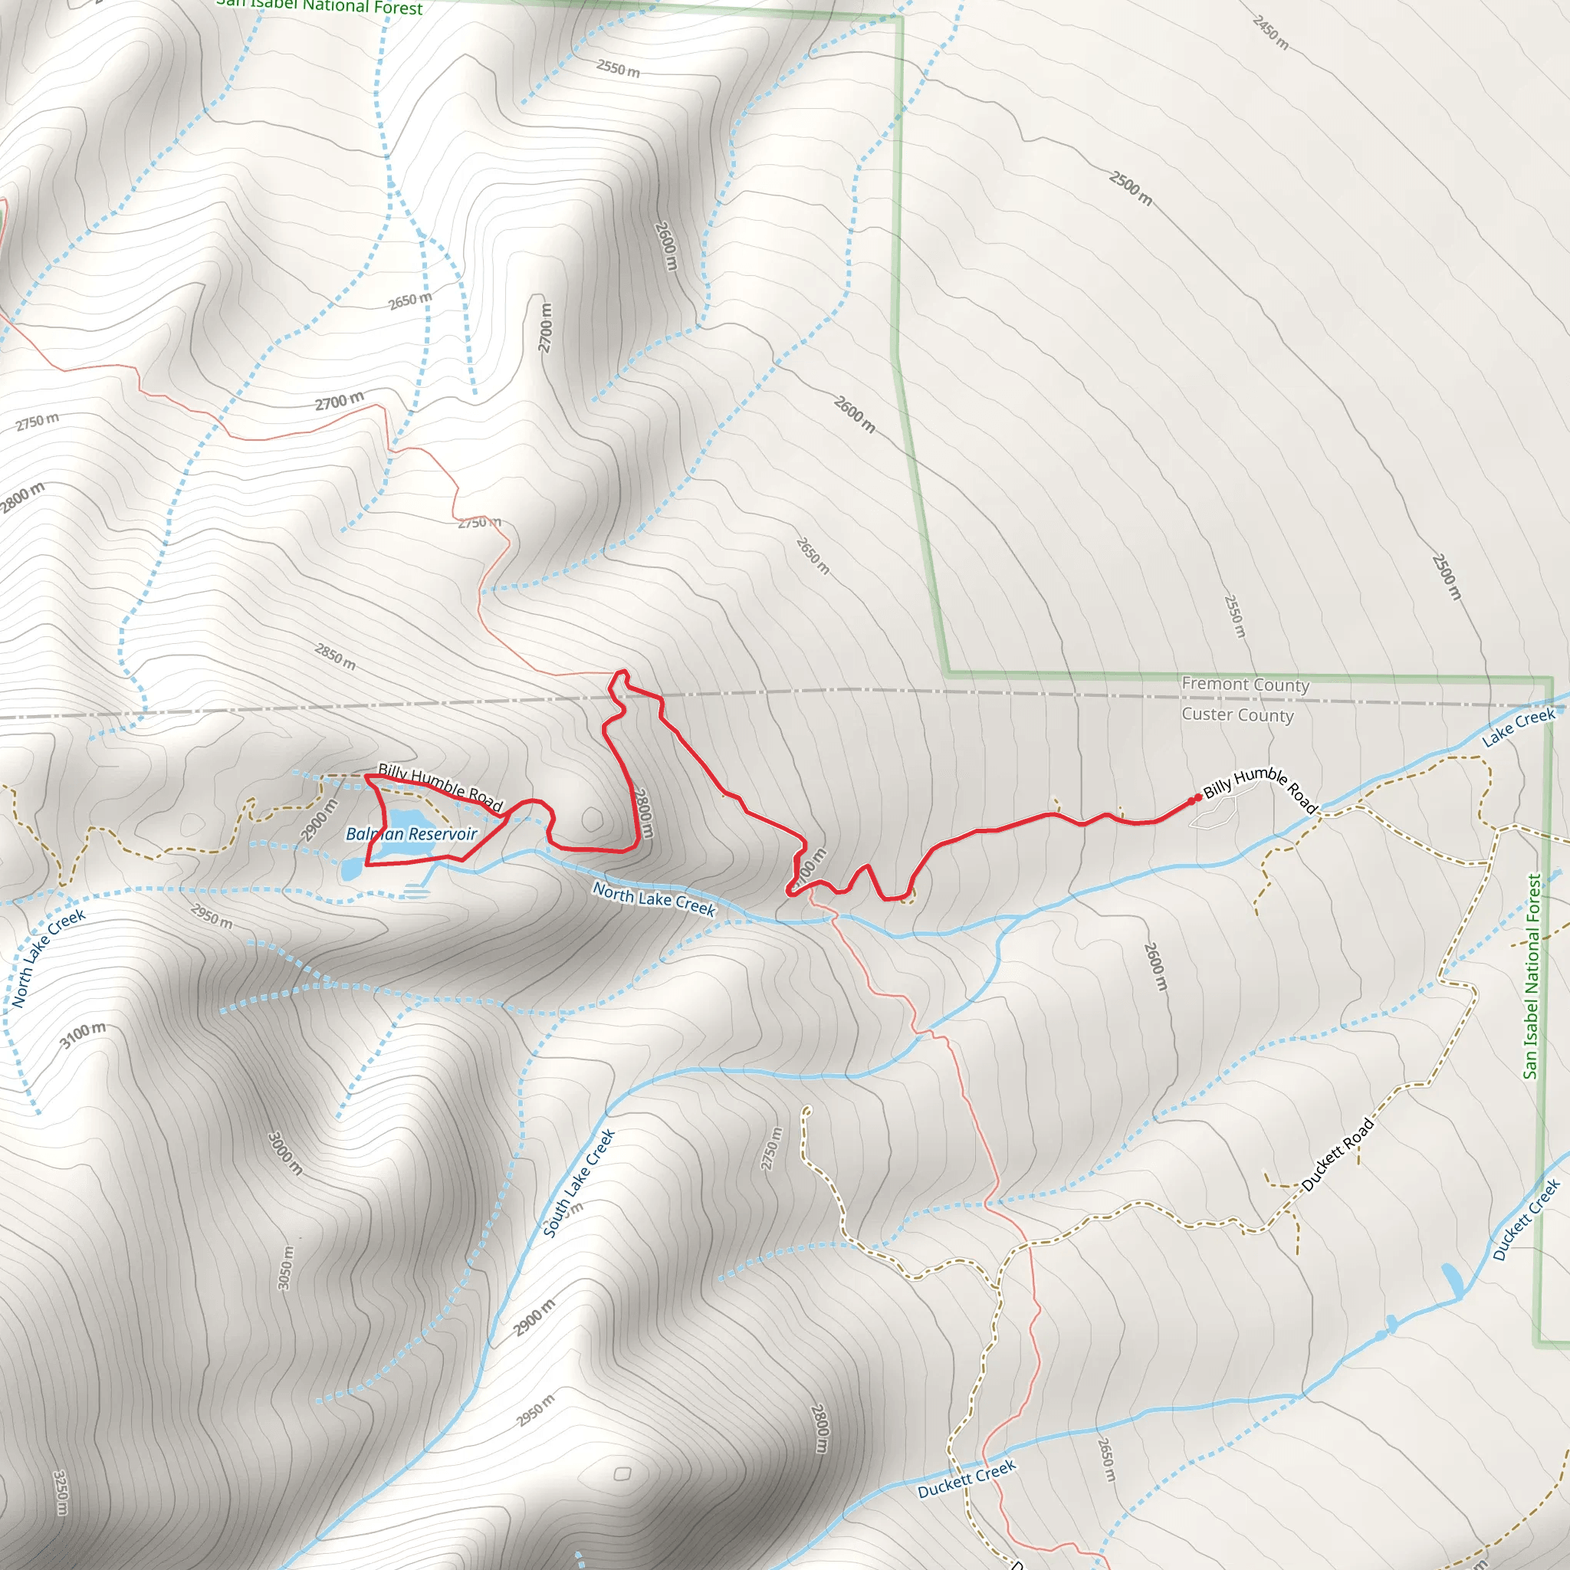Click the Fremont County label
tap(1245, 685)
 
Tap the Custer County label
tap(1237, 715)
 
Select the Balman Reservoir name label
tap(411, 834)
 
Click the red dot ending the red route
tap(1197, 798)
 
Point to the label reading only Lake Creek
tap(1518, 727)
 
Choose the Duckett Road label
tap(1338, 1154)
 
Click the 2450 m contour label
tap(1270, 32)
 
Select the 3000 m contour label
tap(285, 1153)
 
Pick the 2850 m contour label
tap(335, 657)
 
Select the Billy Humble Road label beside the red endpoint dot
tap(1260, 788)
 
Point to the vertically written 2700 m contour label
tap(545, 327)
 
